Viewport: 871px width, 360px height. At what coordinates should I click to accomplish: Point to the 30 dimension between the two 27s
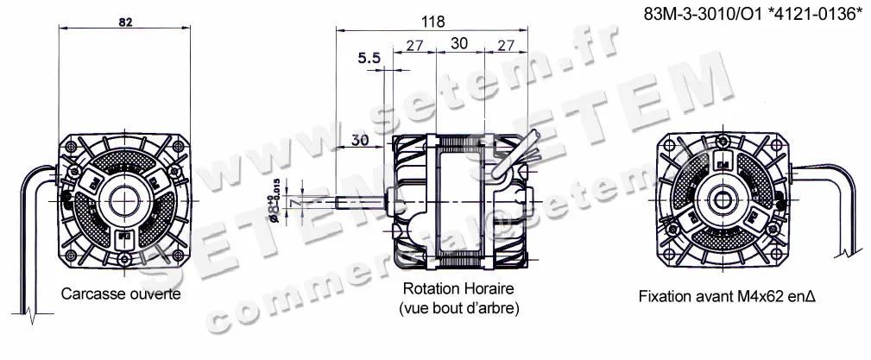(460, 42)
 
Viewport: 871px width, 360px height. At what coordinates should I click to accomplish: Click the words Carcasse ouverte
(121, 295)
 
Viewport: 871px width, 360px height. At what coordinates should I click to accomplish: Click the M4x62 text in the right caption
(761, 295)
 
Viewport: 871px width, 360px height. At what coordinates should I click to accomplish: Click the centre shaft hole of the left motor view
(122, 200)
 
